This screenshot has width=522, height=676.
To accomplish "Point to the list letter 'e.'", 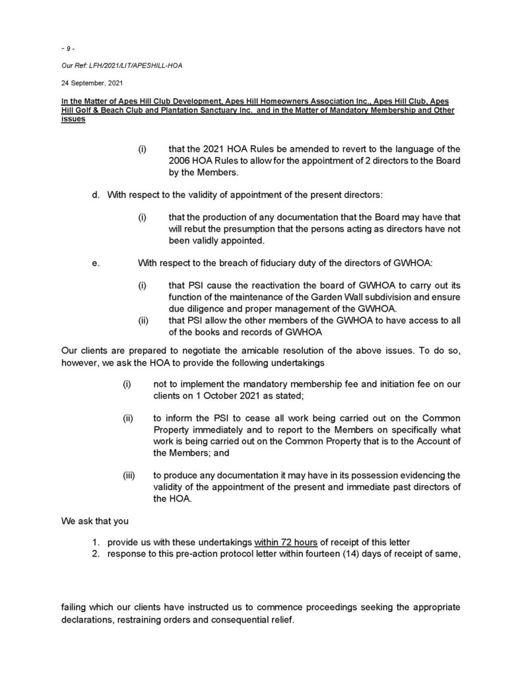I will [96, 263].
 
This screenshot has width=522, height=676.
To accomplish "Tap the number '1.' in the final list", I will [96, 543].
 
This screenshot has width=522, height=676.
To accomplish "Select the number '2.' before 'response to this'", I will [96, 554].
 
